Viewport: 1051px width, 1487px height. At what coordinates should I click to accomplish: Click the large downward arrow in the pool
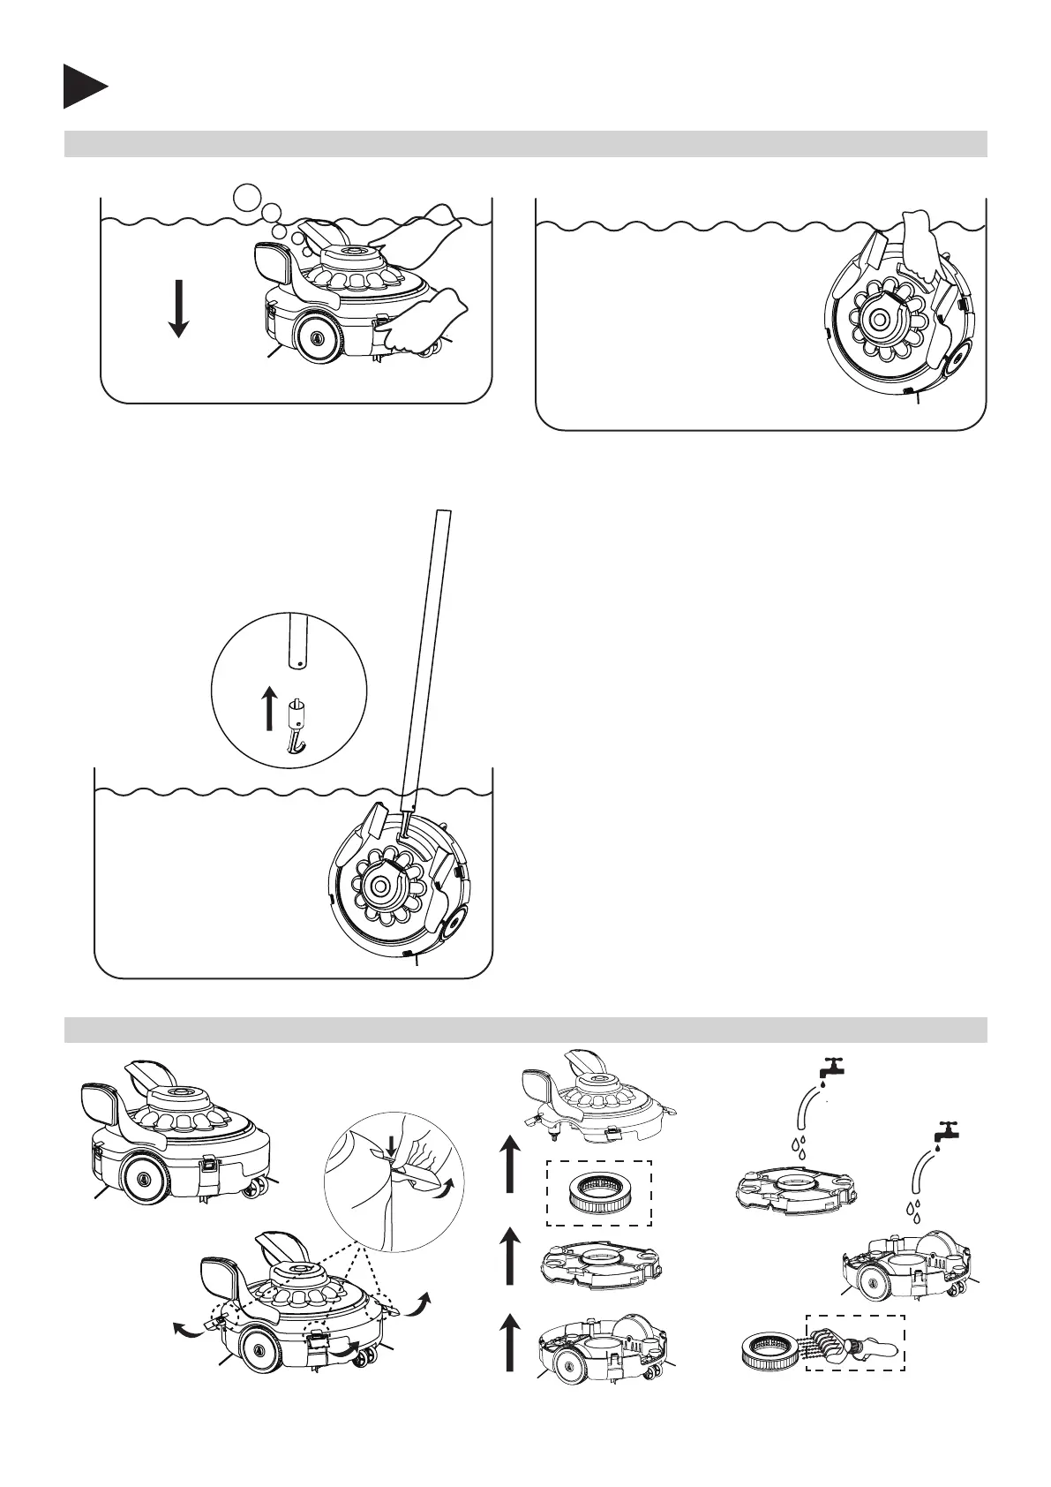pyautogui.click(x=178, y=308)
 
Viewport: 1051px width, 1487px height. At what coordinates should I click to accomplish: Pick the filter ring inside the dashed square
pyautogui.click(x=597, y=1192)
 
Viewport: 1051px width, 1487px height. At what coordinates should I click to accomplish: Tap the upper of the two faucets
pyautogui.click(x=829, y=1068)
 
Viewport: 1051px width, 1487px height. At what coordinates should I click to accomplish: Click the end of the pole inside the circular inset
pyautogui.click(x=297, y=640)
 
